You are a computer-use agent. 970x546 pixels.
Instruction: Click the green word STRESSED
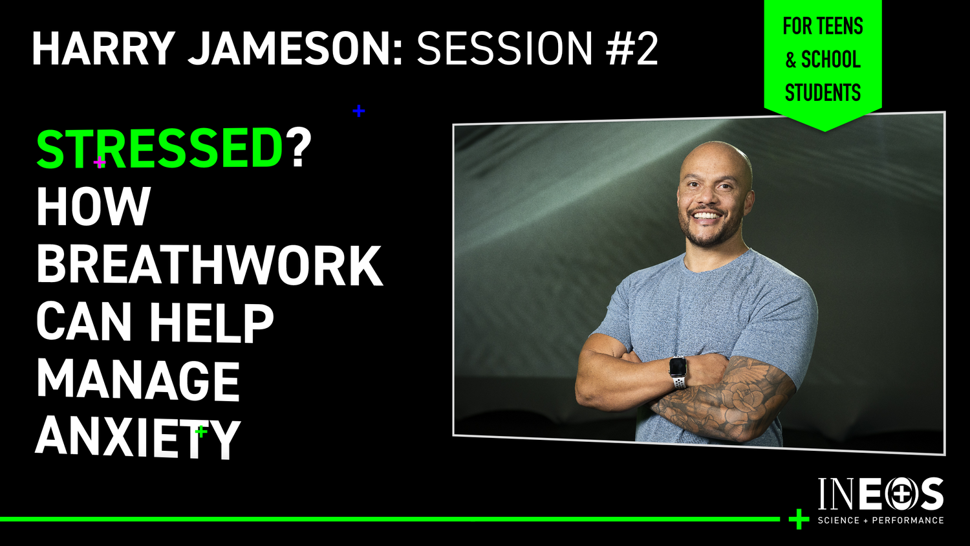click(x=160, y=149)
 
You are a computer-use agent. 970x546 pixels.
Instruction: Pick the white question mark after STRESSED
click(x=299, y=149)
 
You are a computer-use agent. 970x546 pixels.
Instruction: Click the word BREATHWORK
click(x=210, y=265)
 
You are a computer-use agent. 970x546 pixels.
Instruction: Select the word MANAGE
click(x=138, y=381)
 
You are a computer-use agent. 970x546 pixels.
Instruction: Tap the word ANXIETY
click(x=138, y=438)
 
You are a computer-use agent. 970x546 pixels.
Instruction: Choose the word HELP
click(x=211, y=323)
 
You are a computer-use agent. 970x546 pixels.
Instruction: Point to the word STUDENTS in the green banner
click(x=823, y=93)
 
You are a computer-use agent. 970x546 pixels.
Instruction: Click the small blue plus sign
click(x=358, y=111)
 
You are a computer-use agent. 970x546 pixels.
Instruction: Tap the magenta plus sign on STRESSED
click(x=100, y=162)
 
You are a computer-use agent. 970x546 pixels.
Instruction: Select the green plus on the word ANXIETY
click(x=201, y=431)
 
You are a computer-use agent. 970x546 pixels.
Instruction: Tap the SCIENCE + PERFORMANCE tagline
click(x=880, y=520)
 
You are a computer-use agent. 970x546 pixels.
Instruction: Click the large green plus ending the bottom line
click(x=799, y=519)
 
